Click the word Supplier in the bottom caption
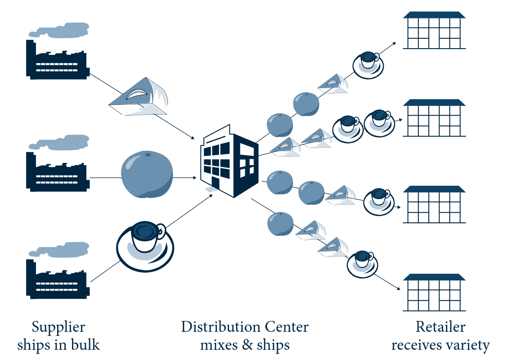pos(58,327)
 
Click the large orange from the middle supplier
pos(147,175)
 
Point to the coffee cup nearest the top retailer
pos(368,63)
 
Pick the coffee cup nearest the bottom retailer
pos(362,263)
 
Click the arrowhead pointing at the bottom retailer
pos(399,288)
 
